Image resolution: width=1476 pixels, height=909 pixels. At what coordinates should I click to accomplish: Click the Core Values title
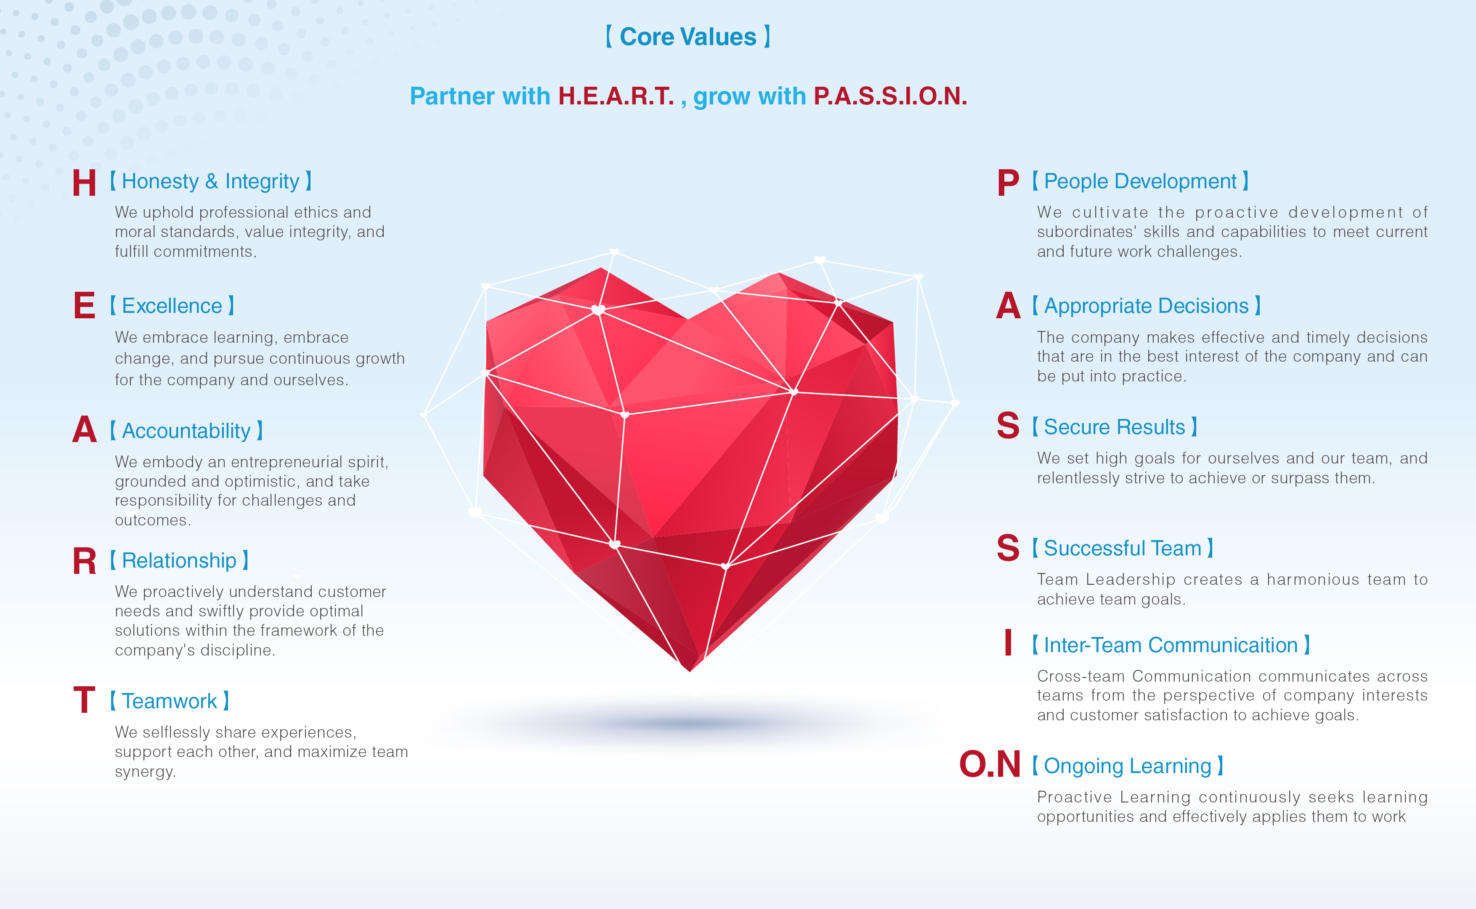pos(688,37)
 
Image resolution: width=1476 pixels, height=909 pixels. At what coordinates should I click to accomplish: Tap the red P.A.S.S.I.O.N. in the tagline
pos(890,96)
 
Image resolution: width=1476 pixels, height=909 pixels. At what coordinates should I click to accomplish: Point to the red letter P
pos(1008,183)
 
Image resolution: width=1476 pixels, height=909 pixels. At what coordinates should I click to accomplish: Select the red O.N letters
pos(990,764)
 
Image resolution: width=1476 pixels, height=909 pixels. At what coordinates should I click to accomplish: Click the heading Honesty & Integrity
pos(211,181)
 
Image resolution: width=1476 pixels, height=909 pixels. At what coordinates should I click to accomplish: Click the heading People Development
pos(1140,181)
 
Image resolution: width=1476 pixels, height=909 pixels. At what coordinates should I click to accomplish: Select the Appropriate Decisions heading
pos(1146,306)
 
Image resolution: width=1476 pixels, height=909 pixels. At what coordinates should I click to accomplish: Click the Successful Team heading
pos(1123,548)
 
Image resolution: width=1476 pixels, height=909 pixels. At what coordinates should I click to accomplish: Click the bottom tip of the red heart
pos(690,671)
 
